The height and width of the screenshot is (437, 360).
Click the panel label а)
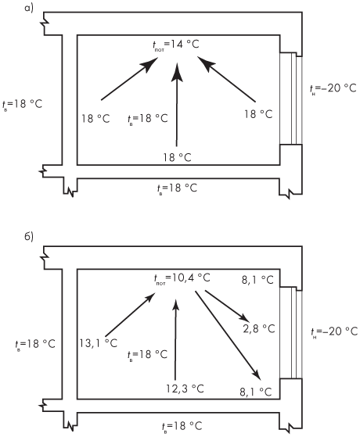29,8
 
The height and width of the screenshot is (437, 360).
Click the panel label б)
29,236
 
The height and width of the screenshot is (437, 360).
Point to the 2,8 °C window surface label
259,329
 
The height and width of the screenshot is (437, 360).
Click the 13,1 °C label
99,343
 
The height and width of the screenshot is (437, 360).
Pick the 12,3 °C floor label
185,389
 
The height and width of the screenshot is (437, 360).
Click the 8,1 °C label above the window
257,280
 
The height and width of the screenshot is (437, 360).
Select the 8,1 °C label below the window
256,392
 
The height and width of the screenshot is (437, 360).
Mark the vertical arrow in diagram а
177,104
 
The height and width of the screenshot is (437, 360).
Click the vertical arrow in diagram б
175,339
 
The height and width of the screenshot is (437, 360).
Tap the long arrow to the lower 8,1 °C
228,335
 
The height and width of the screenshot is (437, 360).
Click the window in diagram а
291,99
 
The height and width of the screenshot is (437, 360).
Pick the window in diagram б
291,333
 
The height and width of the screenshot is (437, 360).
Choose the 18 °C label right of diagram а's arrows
258,114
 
